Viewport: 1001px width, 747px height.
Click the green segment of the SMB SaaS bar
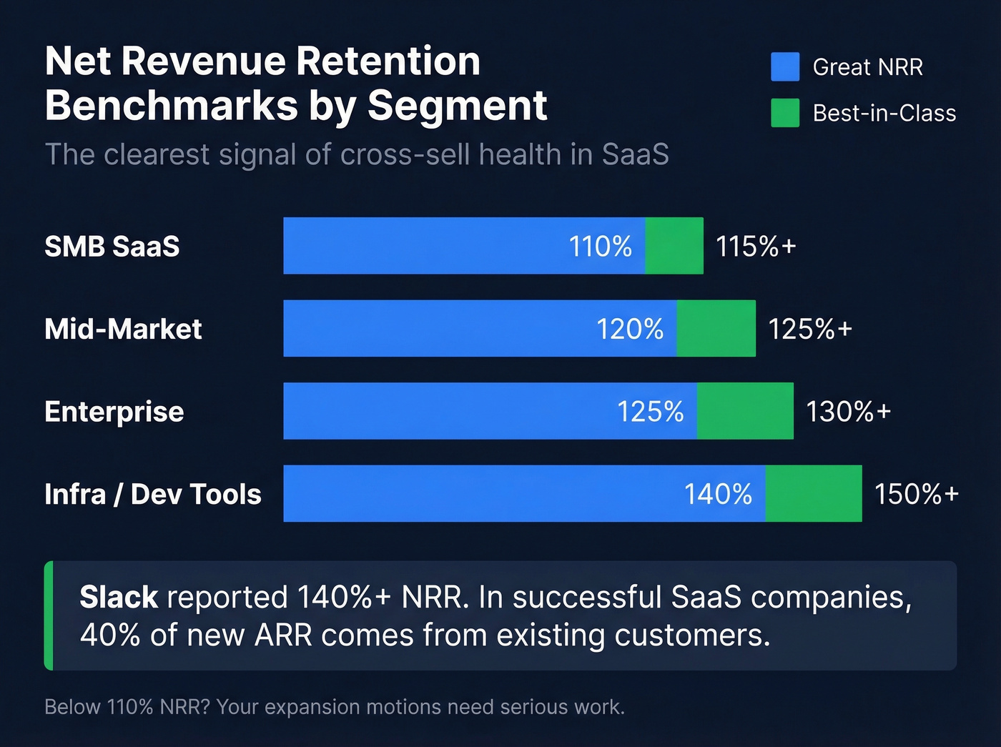674,246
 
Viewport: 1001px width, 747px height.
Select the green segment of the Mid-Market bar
716,329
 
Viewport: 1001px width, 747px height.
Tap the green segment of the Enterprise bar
745,411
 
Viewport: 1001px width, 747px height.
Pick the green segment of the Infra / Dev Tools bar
813,494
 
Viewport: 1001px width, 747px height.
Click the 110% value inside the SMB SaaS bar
600,247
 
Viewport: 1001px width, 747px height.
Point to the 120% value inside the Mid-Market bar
630,330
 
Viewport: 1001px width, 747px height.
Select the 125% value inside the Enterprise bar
650,412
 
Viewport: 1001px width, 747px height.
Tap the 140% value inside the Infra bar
718,495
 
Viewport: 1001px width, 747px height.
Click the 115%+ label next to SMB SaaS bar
756,247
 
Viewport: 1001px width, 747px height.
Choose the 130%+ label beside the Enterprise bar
848,412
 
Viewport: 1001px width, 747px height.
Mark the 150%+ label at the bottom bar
916,495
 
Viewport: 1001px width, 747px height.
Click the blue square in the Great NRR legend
785,66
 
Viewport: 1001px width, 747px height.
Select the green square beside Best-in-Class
785,113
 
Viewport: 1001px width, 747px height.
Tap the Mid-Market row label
123,330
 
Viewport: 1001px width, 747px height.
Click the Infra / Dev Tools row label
153,495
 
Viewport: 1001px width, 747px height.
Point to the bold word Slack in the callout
119,598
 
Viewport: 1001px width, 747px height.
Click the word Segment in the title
457,106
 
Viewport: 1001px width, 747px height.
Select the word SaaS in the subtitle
635,154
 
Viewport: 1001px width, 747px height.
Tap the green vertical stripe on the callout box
49,615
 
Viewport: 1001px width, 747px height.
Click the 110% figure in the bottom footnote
130,707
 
